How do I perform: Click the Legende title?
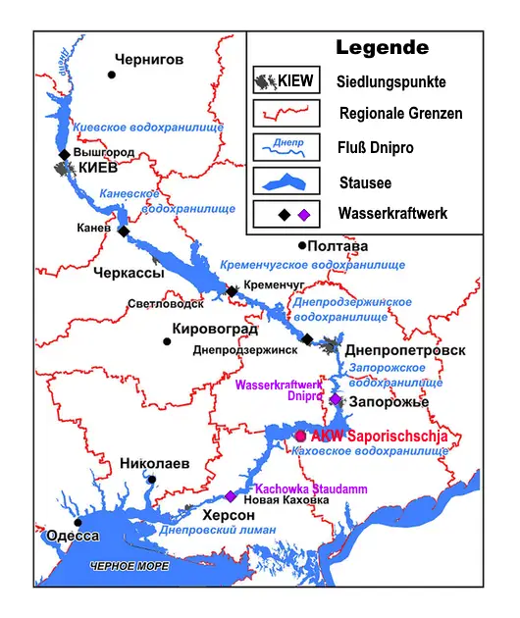pos(382,47)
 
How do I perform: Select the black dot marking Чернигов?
pos(112,75)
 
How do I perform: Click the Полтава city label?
pos(339,245)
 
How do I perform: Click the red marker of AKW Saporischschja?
pos(300,436)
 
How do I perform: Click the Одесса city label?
pos(73,535)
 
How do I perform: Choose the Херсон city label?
pos(229,515)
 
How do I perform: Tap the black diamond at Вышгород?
pos(64,154)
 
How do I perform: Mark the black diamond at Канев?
pos(123,232)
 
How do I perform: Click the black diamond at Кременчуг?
pos(232,291)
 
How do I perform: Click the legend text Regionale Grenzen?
pos(400,114)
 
